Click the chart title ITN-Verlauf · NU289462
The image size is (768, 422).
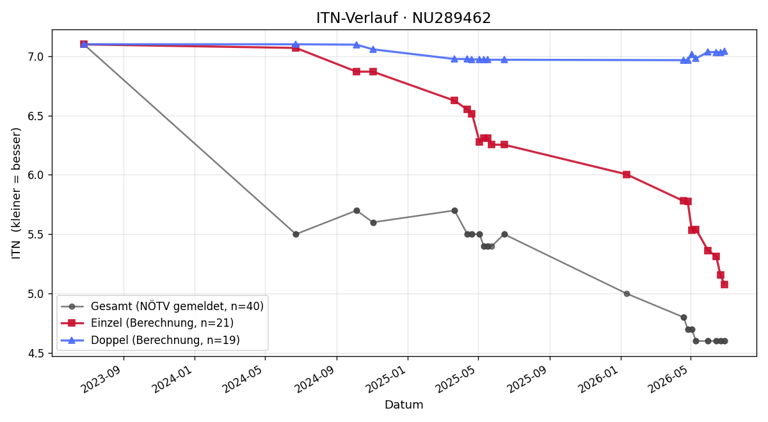tap(404, 18)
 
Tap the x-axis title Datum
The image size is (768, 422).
tap(404, 405)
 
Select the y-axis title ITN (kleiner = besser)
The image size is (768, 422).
tap(16, 193)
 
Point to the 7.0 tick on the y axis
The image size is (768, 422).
tap(35, 56)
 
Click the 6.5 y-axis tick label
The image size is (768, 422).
tap(35, 116)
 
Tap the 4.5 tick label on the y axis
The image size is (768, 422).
tap(35, 353)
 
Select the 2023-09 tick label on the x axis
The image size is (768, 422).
tap(102, 379)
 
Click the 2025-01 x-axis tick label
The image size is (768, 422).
tap(387, 379)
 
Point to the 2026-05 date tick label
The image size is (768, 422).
tap(669, 379)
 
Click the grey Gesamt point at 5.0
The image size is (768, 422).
tap(627, 294)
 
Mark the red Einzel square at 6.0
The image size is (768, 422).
tap(627, 175)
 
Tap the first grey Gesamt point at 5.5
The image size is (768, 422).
tap(296, 234)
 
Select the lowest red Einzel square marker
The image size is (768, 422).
tap(724, 285)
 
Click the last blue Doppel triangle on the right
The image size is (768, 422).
tap(724, 52)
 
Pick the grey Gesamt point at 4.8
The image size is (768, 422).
tap(684, 318)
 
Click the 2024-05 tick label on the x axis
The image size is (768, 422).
tap(244, 379)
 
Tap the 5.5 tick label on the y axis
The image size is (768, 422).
tap(35, 235)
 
